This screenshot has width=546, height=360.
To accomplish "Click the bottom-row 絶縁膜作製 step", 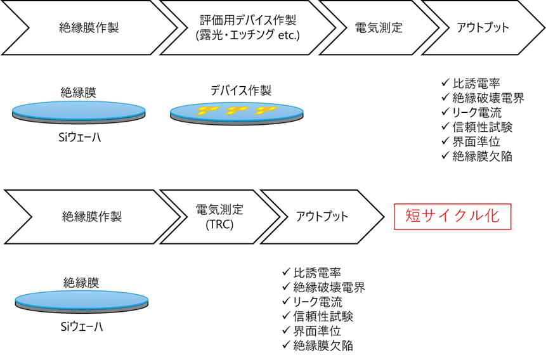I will point(92,217).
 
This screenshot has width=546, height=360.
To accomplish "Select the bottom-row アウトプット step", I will point(322,217).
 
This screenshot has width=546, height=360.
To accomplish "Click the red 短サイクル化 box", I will point(452,217).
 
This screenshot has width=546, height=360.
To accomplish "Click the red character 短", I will point(413,217).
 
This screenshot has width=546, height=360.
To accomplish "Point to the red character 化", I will point(492,217).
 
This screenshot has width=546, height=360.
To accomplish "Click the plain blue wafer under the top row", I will point(79,111).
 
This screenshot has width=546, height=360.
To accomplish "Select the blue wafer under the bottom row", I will point(82,300).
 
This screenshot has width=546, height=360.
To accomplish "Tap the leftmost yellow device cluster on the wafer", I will point(205,110).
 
